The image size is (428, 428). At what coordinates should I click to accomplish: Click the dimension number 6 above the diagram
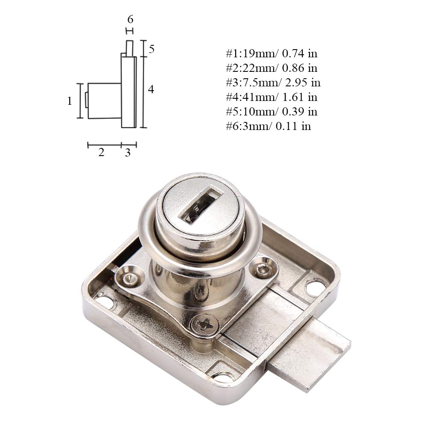coord(130,19)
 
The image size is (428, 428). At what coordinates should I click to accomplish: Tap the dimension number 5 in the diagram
coord(151,49)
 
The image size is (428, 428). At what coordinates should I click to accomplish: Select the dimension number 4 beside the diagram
coord(151,89)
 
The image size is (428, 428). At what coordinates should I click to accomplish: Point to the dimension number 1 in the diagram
coord(70,101)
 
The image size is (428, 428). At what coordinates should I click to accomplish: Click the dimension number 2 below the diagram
coord(101,152)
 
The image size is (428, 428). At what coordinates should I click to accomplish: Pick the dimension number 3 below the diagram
coord(128,153)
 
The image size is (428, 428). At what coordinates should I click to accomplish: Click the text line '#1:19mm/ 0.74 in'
coord(272,53)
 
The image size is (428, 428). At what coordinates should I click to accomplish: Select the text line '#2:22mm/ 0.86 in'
coord(272,68)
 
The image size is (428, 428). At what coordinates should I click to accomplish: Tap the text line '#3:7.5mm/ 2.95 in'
coord(273,83)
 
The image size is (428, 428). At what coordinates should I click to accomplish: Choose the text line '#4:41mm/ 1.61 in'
coord(272,97)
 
